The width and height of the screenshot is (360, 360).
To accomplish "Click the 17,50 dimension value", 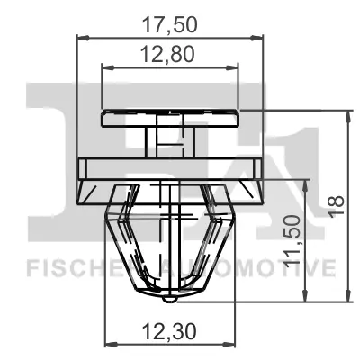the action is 170,25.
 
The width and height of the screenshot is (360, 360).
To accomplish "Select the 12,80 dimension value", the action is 167,54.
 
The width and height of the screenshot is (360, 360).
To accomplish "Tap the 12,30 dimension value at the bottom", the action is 169,332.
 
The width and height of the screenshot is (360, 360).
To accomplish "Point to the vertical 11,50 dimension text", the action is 292,240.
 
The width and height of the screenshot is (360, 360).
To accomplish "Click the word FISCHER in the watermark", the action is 75,268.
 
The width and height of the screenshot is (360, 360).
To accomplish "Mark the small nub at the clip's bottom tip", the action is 170,299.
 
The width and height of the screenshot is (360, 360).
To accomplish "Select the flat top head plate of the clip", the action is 170,118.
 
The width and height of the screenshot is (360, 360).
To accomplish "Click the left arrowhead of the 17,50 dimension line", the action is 84,38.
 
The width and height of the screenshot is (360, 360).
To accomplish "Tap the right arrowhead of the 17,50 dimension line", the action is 256,38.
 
